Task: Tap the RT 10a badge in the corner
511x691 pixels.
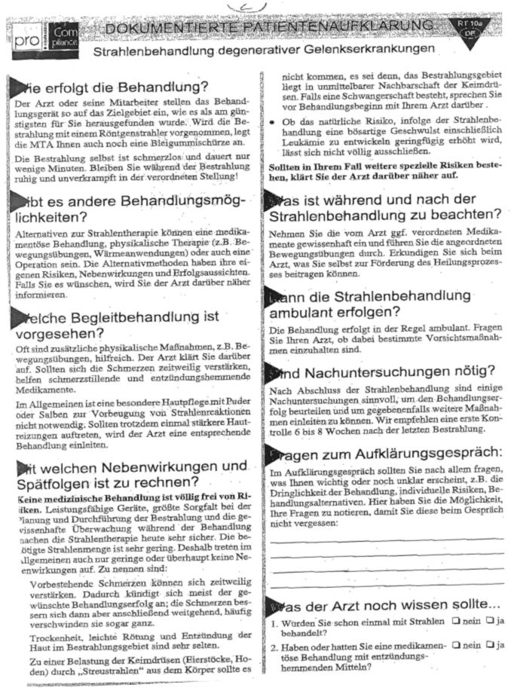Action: [x=469, y=29]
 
